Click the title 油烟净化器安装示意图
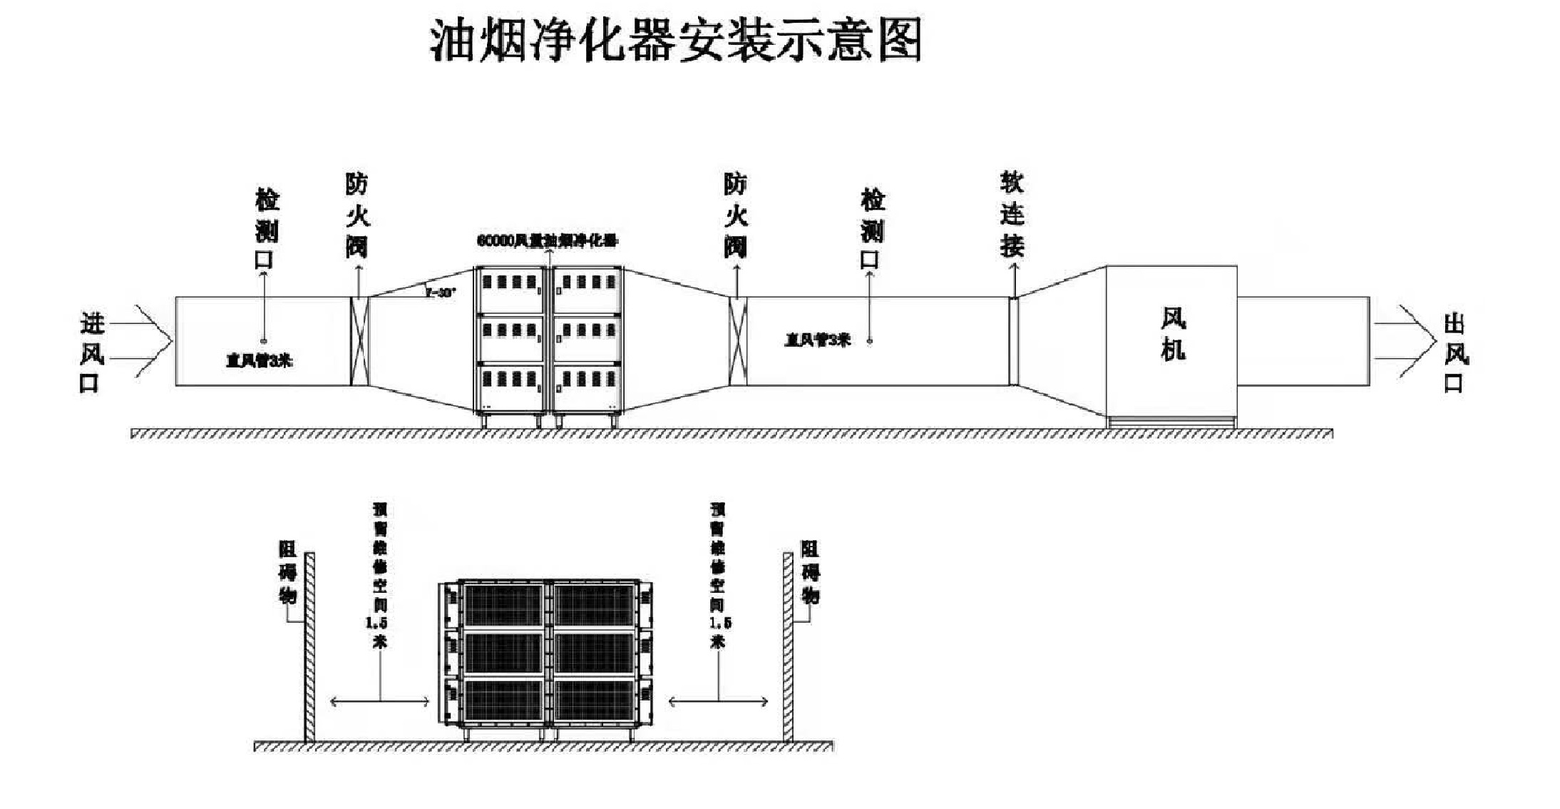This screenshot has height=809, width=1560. tap(675, 40)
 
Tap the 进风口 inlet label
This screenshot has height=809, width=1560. tap(91, 353)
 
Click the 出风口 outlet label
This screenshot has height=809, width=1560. tap(1454, 353)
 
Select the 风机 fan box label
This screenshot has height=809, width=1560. tap(1173, 335)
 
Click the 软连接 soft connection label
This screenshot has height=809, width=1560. tap(1012, 214)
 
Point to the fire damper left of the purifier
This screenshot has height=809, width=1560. tap(359, 342)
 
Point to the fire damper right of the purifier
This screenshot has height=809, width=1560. tap(737, 342)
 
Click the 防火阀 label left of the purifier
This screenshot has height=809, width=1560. tap(357, 215)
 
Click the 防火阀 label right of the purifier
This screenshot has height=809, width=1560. tap(735, 215)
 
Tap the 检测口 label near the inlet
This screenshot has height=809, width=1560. tap(267, 230)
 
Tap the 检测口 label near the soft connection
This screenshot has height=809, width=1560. tap(871, 230)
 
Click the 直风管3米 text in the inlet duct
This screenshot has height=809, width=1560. tap(260, 361)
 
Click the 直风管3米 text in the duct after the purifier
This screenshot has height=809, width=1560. tap(817, 340)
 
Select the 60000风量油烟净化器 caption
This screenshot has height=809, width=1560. tap(547, 241)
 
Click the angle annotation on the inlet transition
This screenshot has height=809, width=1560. tap(440, 292)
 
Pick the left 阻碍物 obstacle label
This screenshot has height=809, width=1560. tap(288, 572)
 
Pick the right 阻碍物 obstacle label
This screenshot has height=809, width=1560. tap(811, 572)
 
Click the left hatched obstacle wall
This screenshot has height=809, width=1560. tap(309, 646)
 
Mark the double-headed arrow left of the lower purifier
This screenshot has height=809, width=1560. tap(380, 702)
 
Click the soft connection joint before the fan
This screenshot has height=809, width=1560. tap(1013, 341)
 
